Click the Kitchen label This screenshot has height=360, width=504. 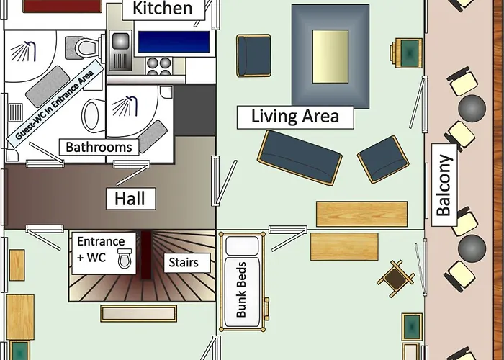point(163,9)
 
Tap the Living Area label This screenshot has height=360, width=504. point(295,117)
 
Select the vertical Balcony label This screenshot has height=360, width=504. point(444,185)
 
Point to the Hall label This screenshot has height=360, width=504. point(130,199)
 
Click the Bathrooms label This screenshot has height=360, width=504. point(99,147)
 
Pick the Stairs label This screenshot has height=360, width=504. point(184,263)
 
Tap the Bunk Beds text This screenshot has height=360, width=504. point(241,289)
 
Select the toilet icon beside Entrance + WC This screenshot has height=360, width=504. point(125,258)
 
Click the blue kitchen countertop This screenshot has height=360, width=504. point(174,42)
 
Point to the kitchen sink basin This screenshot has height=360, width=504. point(120,41)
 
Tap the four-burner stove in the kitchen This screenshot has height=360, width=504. point(159,66)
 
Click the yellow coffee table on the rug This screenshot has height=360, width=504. point(330,57)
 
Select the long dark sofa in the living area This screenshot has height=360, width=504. point(300,158)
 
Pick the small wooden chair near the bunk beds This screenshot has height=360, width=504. point(396,279)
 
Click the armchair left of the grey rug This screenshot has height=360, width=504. point(253,56)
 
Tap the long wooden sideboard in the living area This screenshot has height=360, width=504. point(361,214)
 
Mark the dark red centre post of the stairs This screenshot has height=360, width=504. point(146,255)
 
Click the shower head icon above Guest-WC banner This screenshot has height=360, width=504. point(24,51)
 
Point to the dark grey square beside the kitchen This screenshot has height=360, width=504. point(195,110)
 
